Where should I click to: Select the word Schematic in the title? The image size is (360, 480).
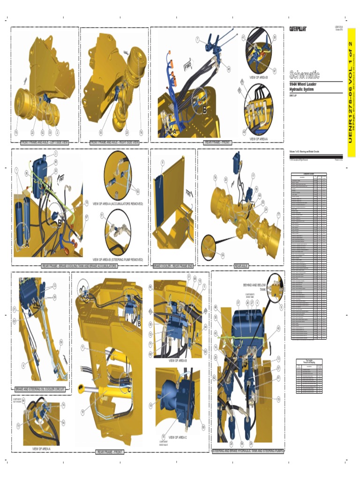point(305,75)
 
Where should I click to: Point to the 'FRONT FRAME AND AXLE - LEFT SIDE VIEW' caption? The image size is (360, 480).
point(45,142)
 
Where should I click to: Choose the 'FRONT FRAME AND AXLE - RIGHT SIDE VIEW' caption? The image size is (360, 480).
point(114,142)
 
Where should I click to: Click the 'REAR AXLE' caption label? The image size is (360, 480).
point(241,266)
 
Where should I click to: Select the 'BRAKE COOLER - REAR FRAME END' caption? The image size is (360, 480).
point(173,266)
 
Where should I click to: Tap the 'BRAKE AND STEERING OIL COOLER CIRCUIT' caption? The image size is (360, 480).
point(40,389)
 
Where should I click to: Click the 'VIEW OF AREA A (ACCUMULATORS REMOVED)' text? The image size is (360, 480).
point(118,204)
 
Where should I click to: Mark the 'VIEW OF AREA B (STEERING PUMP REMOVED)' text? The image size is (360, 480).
point(118,259)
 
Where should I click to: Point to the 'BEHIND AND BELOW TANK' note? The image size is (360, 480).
point(255,287)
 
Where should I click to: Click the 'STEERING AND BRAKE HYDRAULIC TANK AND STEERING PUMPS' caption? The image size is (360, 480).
point(247,451)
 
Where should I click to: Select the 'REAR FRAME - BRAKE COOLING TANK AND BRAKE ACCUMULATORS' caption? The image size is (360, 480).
point(80,266)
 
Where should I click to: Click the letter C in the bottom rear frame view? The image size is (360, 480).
point(129,390)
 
